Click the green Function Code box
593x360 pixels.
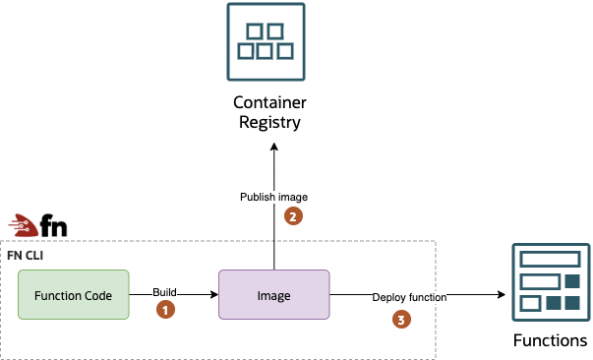[73, 294]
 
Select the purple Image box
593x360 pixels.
[274, 294]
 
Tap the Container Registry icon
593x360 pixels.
[266, 42]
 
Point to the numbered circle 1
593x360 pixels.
[166, 309]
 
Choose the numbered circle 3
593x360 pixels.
[400, 319]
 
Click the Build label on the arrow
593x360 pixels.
[164, 292]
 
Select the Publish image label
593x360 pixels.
[273, 198]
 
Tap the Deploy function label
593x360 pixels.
[409, 296]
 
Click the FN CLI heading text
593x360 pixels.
[25, 256]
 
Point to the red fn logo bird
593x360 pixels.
[26, 225]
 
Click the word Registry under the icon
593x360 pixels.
[266, 122]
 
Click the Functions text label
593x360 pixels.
[550, 340]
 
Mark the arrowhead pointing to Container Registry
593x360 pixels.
[274, 144]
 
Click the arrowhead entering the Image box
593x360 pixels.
[212, 294]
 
